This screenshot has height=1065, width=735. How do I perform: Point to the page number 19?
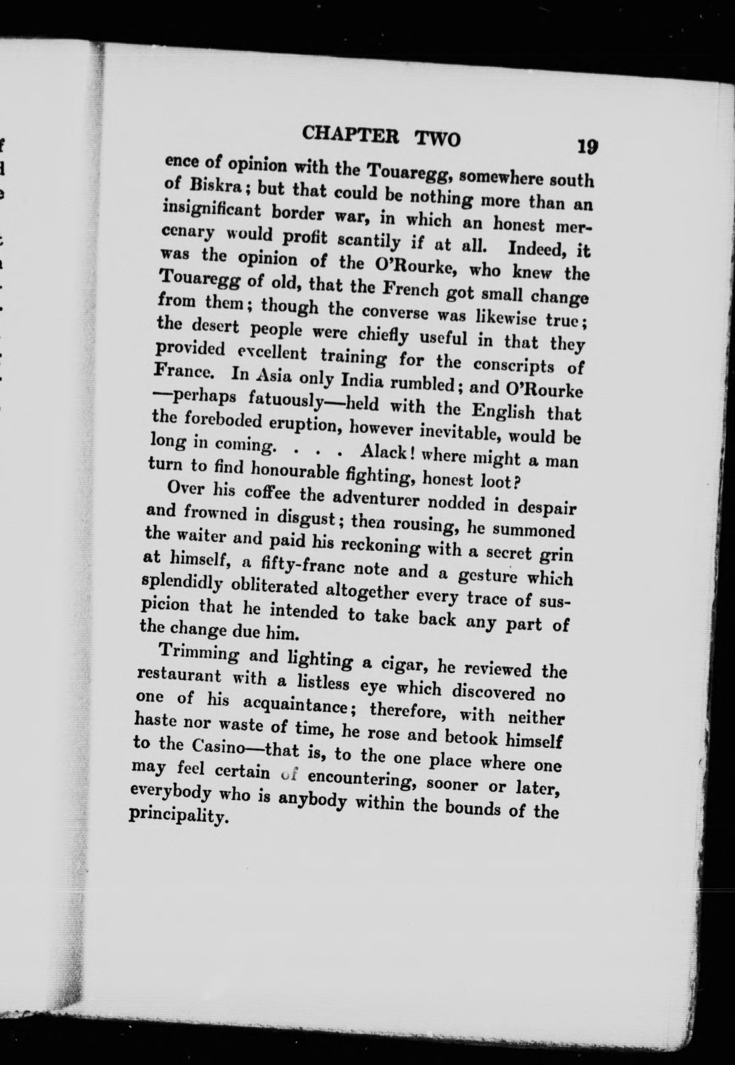click(588, 147)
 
